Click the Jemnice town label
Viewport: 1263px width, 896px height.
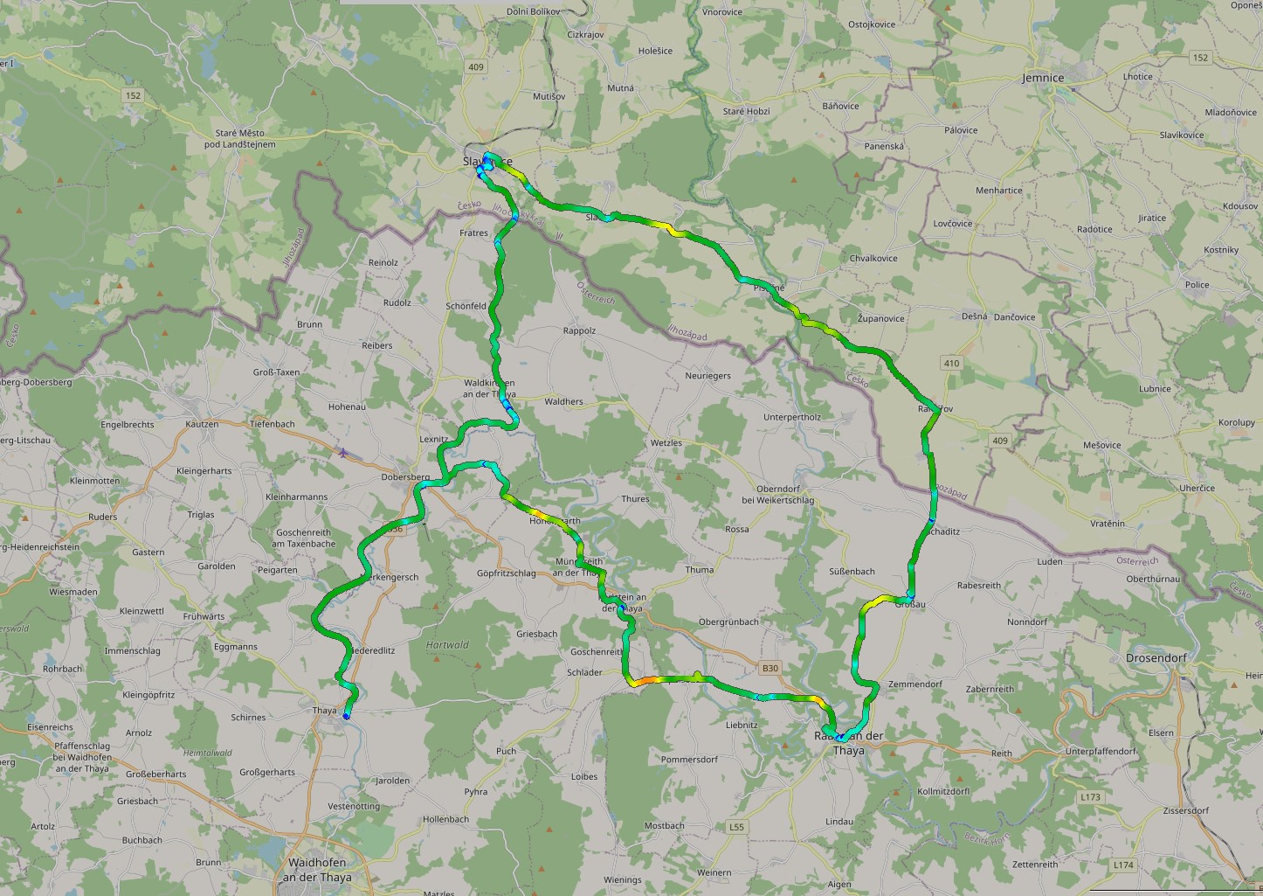(x=1043, y=78)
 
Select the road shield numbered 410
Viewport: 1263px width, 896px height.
(x=951, y=363)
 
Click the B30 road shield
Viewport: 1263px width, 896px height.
(x=769, y=669)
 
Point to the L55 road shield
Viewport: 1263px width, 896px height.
(x=736, y=827)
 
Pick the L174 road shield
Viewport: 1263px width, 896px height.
(x=1123, y=865)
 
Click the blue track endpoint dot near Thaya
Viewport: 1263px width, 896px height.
(x=346, y=717)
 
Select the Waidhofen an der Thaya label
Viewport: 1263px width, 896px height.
(x=317, y=871)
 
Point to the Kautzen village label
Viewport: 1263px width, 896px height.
(x=202, y=424)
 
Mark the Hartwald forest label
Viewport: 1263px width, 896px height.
(x=447, y=645)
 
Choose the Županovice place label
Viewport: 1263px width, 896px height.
(x=880, y=318)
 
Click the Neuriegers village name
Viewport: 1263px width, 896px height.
(x=707, y=376)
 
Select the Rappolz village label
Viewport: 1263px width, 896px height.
(x=579, y=331)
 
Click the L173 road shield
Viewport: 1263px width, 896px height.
(x=1089, y=797)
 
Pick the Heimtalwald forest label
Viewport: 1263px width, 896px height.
(x=207, y=753)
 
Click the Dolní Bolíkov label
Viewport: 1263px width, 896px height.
(x=533, y=11)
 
